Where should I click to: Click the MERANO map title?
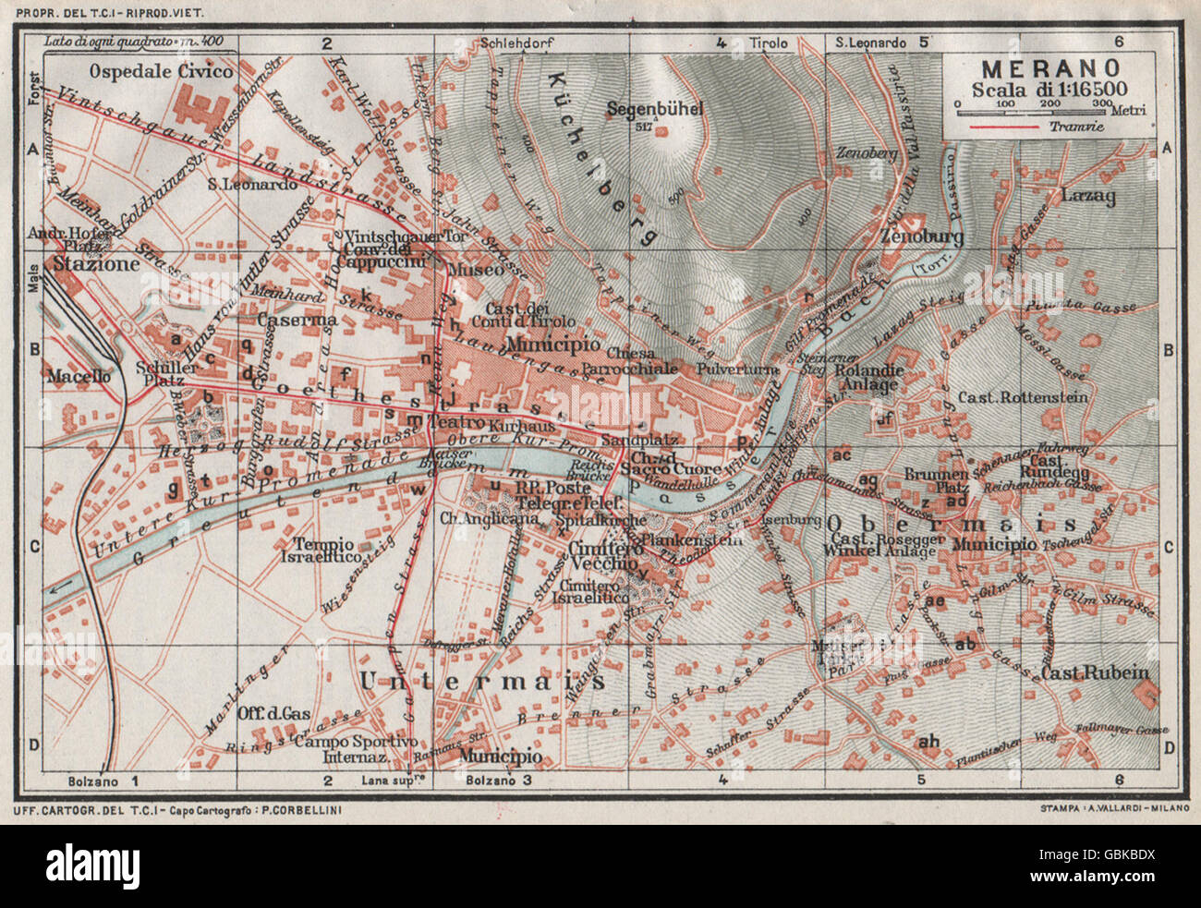(x=1050, y=69)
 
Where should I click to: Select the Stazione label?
(x=96, y=263)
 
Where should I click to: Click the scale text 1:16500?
(x=1088, y=90)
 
